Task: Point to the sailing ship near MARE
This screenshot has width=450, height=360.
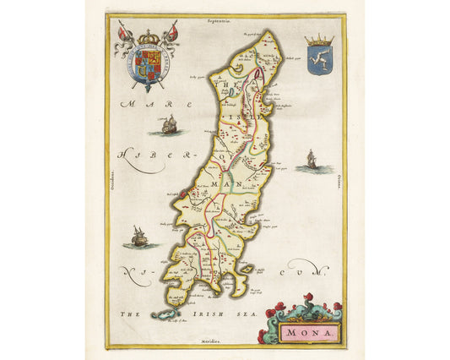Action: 167,126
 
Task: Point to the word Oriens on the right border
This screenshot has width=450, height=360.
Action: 339,179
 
